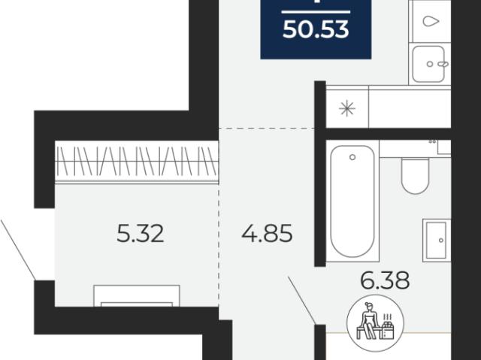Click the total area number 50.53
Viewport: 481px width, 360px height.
[316, 30]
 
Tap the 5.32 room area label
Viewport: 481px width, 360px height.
[141, 234]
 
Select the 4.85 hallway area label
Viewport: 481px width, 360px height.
[267, 234]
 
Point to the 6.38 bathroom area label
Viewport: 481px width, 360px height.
[385, 280]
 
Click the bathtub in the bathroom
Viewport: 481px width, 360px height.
[352, 201]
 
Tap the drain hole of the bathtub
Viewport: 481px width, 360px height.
[352, 157]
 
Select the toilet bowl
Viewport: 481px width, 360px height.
[415, 176]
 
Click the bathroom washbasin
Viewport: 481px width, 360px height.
[437, 241]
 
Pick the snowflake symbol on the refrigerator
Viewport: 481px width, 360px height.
[347, 108]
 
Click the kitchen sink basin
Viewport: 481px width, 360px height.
[428, 64]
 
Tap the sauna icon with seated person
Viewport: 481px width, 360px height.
[375, 322]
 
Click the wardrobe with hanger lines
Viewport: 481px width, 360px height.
[137, 162]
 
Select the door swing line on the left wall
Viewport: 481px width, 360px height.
[18, 250]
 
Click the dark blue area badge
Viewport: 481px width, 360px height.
[316, 29]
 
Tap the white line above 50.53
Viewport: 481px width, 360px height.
[316, 12]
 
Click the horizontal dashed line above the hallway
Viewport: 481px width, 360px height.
[267, 129]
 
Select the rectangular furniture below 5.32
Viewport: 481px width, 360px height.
[137, 295]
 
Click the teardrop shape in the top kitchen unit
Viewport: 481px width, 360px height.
[431, 21]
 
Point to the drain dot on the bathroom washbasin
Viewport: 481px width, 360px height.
[441, 240]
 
